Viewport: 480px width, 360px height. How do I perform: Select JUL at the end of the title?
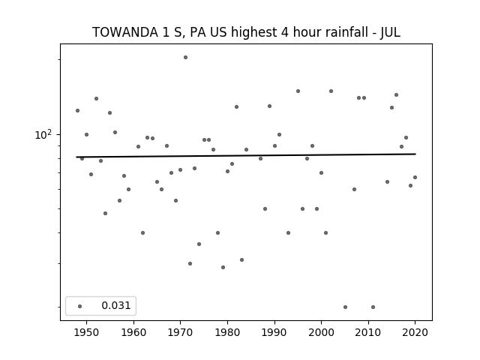pyautogui.click(x=390, y=32)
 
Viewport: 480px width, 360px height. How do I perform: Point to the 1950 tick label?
pyautogui.click(x=86, y=332)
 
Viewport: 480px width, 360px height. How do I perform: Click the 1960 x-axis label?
pyautogui.click(x=133, y=332)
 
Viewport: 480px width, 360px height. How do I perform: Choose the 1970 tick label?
pyautogui.click(x=180, y=332)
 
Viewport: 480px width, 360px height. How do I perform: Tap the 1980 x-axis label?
pyautogui.click(x=227, y=332)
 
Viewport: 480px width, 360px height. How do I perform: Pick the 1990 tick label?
pyautogui.click(x=274, y=332)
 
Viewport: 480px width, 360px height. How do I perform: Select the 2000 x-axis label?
pyautogui.click(x=322, y=332)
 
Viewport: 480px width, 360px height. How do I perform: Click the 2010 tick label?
pyautogui.click(x=368, y=332)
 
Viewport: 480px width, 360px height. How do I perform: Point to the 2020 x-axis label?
pyautogui.click(x=415, y=332)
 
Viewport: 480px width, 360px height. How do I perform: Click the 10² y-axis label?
pyautogui.click(x=43, y=135)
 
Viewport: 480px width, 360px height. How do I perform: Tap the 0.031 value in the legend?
pyautogui.click(x=116, y=305)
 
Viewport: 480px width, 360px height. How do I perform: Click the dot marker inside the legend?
pyautogui.click(x=79, y=306)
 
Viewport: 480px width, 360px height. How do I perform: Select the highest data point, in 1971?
pyautogui.click(x=185, y=57)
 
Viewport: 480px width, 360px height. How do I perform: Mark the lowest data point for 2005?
pyautogui.click(x=345, y=307)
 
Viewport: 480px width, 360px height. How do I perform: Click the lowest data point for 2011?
pyautogui.click(x=373, y=307)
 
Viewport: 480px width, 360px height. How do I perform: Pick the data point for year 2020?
pyautogui.click(x=415, y=177)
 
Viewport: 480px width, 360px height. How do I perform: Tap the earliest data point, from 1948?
pyautogui.click(x=77, y=110)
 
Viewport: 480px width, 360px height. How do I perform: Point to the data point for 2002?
pyautogui.click(x=331, y=91)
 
